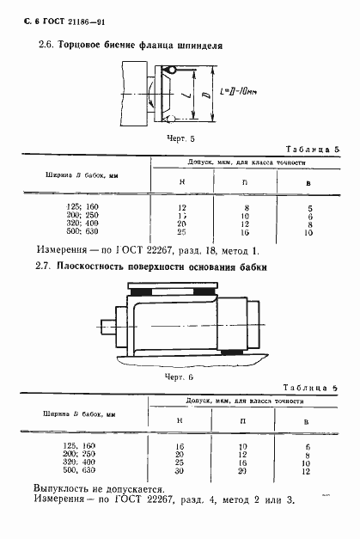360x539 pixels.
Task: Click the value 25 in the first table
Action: click(181, 233)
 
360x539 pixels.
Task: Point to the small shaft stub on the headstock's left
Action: click(83, 327)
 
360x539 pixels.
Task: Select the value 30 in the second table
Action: click(180, 471)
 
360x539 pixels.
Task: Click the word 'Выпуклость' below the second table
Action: click(62, 487)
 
